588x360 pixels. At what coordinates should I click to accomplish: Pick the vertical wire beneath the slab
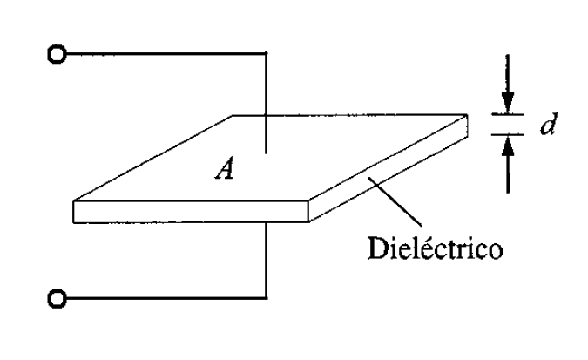[265, 262]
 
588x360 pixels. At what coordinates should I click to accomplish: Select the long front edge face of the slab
[192, 213]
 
